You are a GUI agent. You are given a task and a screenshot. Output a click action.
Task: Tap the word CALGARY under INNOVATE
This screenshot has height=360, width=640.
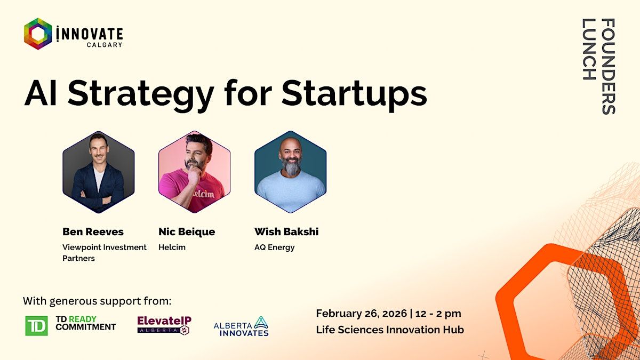coord(105,45)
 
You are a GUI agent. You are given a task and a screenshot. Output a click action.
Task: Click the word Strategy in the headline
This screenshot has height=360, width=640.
coord(141,94)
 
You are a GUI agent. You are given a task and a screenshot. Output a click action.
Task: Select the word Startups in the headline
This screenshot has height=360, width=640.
coord(354,94)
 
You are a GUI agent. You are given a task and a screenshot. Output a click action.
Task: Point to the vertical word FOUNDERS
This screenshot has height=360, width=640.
coord(609,67)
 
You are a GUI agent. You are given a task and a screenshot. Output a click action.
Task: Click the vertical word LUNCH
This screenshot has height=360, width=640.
coord(589,49)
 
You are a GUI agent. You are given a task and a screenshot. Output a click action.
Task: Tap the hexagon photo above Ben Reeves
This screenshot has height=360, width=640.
coord(99,172)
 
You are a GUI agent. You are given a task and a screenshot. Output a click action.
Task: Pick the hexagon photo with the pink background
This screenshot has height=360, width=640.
coord(195,172)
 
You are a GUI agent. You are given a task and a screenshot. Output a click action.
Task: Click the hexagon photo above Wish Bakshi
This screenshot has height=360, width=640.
coord(291,172)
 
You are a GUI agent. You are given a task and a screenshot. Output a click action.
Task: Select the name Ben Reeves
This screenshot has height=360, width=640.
coord(93,231)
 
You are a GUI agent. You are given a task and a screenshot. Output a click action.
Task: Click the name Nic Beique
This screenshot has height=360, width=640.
coord(187,231)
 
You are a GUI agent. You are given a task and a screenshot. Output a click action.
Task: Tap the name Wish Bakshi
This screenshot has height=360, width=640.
coord(286,231)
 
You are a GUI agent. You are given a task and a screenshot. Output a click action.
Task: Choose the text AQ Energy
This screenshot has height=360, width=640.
coord(275,247)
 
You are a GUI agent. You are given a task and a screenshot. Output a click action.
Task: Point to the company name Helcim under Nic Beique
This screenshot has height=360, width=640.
coord(172,247)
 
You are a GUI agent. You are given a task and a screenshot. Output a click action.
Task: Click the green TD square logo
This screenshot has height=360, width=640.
coord(37,326)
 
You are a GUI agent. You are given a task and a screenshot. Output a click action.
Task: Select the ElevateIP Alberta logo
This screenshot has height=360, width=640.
coord(164,325)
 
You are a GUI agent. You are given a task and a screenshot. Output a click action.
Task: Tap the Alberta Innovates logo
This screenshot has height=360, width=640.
coord(241,326)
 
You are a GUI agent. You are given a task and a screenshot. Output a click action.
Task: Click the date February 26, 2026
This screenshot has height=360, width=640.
coord(362,314)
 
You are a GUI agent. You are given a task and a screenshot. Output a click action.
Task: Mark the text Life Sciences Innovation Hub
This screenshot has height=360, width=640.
coord(390,330)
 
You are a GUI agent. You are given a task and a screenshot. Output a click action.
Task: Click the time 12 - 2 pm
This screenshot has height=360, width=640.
coord(438,314)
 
